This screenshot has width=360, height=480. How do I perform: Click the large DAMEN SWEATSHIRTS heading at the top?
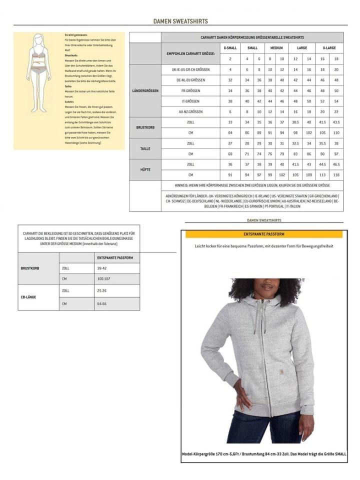click(x=180, y=21)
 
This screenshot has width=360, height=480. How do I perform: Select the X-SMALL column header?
click(x=230, y=47)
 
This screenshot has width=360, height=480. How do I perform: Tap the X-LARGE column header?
click(x=330, y=47)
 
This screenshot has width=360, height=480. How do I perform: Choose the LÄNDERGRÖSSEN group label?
click(x=145, y=90)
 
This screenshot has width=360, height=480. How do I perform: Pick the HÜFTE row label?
click(x=145, y=170)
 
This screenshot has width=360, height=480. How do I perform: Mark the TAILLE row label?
click(x=145, y=148)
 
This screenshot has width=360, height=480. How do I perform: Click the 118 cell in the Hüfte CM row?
click(x=336, y=175)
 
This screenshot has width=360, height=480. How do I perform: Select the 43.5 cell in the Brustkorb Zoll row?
click(x=336, y=122)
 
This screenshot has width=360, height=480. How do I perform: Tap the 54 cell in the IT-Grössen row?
click(x=336, y=101)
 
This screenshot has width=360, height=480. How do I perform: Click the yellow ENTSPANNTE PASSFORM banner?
click(x=264, y=234)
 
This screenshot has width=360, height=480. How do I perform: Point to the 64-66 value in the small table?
click(x=101, y=303)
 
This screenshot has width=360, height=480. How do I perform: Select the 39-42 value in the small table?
click(x=101, y=268)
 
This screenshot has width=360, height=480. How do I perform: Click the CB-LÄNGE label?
click(x=29, y=297)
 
